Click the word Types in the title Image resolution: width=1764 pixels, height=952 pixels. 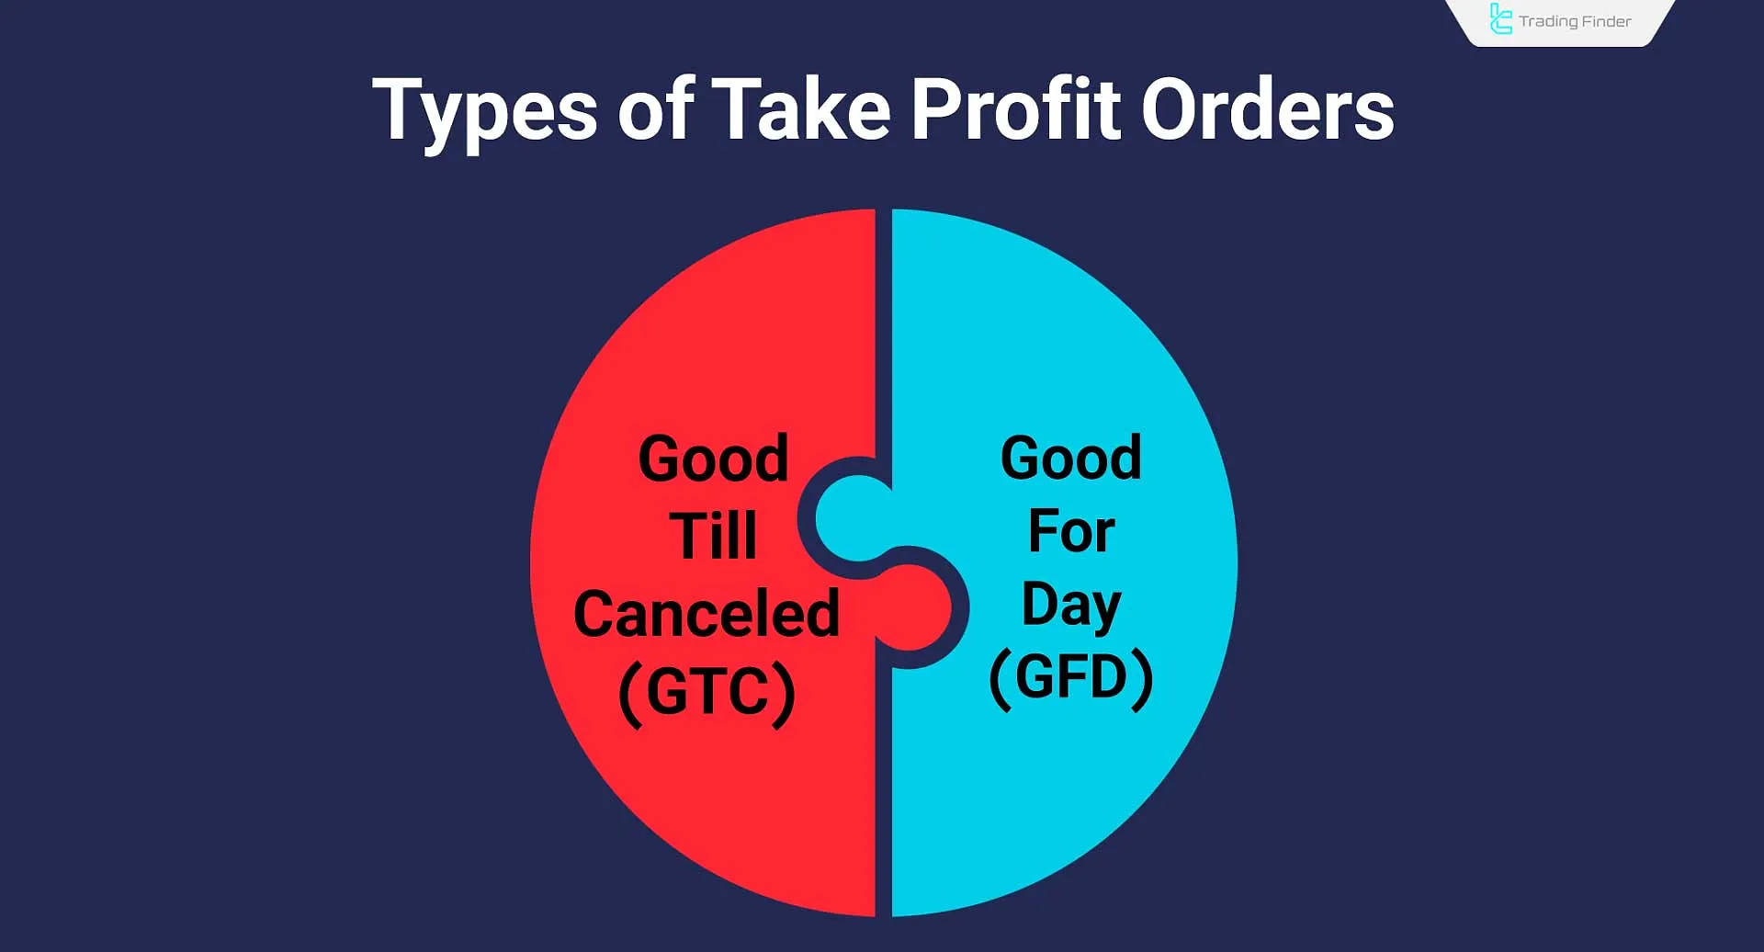click(x=484, y=112)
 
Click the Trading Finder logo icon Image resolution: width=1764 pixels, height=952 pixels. click(x=1500, y=19)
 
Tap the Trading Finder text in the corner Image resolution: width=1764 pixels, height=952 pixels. click(x=1575, y=21)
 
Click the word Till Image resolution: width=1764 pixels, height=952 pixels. click(x=713, y=535)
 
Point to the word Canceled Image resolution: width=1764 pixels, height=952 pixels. click(x=707, y=613)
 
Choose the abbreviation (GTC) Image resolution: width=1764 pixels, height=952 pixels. click(x=707, y=691)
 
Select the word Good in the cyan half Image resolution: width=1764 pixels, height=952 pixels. click(x=1071, y=457)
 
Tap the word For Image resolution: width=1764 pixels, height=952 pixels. click(x=1071, y=530)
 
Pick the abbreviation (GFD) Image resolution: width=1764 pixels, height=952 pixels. click(x=1071, y=678)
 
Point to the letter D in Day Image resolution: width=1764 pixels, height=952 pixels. click(x=1042, y=604)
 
